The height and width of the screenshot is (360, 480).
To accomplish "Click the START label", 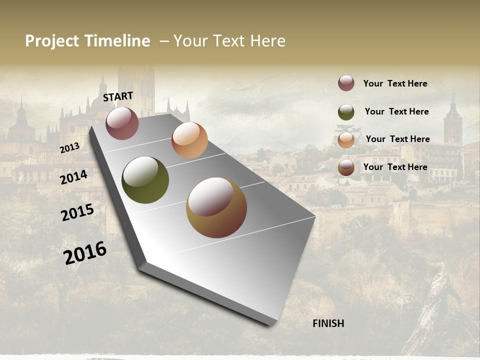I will [118, 96].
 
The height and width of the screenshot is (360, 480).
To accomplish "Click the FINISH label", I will [328, 323].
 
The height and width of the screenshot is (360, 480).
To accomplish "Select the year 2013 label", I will [69, 148].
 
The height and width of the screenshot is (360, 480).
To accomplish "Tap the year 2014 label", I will [73, 177].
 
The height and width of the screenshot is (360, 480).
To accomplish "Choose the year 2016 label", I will [85, 252].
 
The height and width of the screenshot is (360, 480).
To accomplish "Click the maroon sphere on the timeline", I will [122, 123].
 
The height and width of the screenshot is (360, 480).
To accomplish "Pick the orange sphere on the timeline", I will [189, 140].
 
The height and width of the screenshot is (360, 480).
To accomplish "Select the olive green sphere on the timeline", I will [145, 180].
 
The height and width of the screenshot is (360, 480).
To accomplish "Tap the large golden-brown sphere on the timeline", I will [216, 207].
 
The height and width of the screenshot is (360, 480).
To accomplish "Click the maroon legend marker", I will [346, 83].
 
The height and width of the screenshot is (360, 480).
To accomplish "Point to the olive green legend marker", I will [346, 112].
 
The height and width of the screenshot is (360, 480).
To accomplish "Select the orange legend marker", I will [346, 140].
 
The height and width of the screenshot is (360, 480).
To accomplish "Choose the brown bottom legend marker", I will [346, 168].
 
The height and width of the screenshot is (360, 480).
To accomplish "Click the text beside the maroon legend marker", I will [395, 83].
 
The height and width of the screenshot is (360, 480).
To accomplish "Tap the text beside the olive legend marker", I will [396, 111].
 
